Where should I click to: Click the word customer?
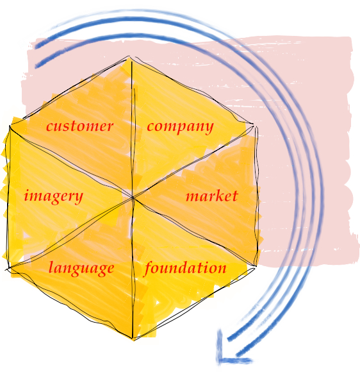[79, 126]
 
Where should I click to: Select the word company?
[180, 128]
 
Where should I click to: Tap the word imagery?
[54, 197]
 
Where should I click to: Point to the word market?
[211, 196]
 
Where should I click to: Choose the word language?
[81, 269]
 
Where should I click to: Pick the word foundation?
[184, 269]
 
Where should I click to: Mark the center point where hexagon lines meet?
[133, 198]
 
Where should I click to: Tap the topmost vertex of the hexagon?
[130, 57]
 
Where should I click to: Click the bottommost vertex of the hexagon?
[133, 339]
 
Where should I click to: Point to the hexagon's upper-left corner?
[10, 126]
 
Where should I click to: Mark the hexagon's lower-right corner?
[256, 266]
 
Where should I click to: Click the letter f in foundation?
[149, 269]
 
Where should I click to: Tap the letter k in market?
[220, 196]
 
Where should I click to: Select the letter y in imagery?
[78, 198]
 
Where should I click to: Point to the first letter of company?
[151, 127]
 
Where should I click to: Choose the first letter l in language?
[51, 267]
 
